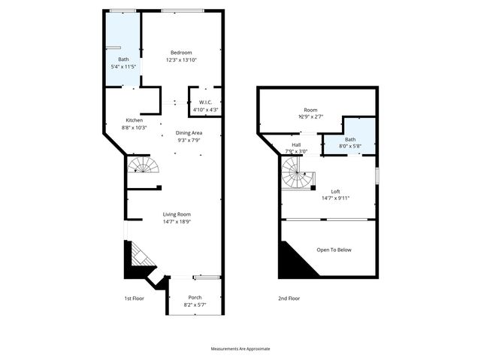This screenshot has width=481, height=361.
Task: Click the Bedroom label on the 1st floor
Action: [x=181, y=52]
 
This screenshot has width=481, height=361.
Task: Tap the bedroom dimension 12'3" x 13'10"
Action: [x=181, y=59]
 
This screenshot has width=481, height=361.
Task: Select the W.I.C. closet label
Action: [x=205, y=103]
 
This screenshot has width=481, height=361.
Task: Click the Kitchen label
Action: [x=134, y=120]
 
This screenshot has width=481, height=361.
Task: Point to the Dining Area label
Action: [x=189, y=132]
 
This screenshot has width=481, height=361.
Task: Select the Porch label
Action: [x=195, y=297]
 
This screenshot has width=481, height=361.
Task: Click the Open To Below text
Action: [x=334, y=250]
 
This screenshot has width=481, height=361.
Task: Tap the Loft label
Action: [x=335, y=191]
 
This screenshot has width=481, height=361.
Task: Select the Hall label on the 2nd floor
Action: [x=296, y=144]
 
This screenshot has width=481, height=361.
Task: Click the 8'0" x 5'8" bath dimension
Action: [x=350, y=147]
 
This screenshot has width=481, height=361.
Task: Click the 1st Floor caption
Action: [x=134, y=299]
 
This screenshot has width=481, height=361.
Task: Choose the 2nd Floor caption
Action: [x=289, y=299]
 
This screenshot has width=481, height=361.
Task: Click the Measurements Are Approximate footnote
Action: [x=240, y=349]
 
